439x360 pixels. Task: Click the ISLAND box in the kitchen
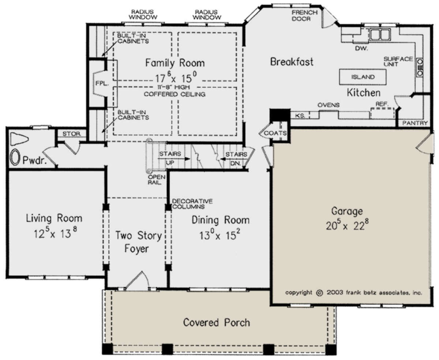click(x=363, y=77)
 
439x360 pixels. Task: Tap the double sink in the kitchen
click(x=380, y=34)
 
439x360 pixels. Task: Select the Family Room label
click(x=175, y=63)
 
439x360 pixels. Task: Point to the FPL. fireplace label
click(x=102, y=83)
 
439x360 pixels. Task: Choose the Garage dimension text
click(x=347, y=225)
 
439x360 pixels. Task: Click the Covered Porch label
click(x=217, y=322)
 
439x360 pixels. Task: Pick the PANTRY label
click(x=415, y=123)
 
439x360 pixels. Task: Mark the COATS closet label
click(x=275, y=133)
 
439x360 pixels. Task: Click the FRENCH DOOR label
click(x=304, y=16)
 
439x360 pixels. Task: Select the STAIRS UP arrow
click(x=174, y=159)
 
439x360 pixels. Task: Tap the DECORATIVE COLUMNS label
click(x=192, y=204)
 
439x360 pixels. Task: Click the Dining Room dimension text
click(x=220, y=235)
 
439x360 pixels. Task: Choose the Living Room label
click(x=54, y=219)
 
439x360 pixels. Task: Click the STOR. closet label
click(x=72, y=134)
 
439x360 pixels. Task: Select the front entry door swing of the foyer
click(x=138, y=280)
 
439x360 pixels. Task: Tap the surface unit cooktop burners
click(x=420, y=67)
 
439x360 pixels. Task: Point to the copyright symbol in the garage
click(x=319, y=293)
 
